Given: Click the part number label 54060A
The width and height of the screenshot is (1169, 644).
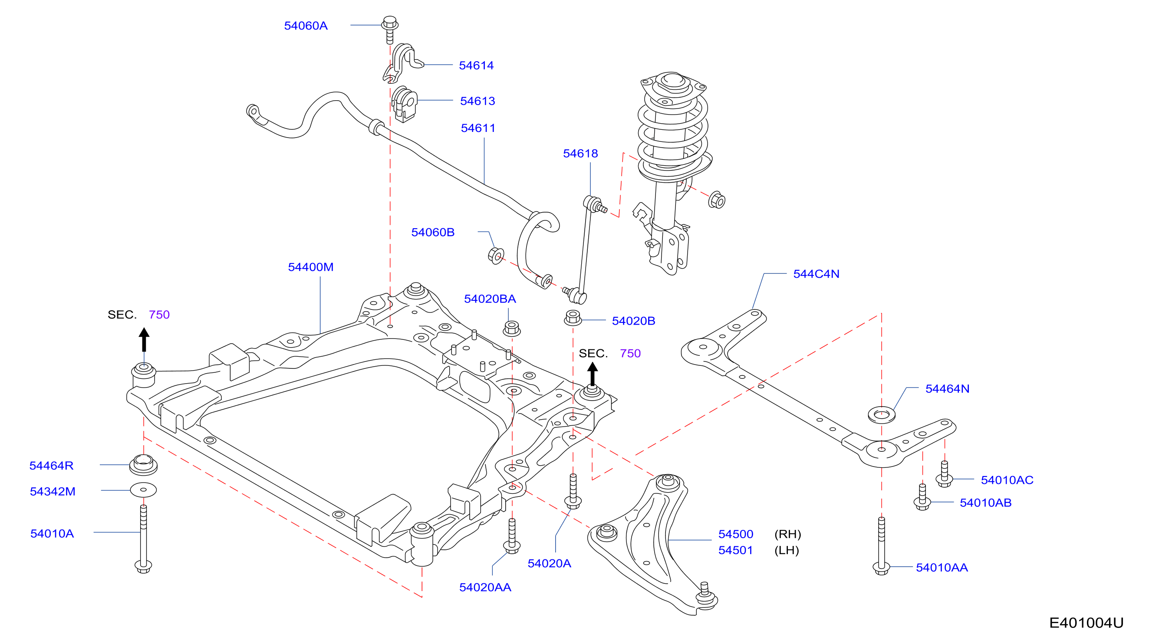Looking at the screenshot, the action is click(x=306, y=26).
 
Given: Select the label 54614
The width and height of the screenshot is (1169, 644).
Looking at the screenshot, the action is click(x=476, y=65).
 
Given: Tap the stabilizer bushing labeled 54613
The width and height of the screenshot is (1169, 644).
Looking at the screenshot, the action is click(x=404, y=104).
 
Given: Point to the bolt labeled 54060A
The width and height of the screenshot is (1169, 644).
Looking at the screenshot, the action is click(x=389, y=30).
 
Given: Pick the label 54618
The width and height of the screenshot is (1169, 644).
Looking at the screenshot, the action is click(x=580, y=153).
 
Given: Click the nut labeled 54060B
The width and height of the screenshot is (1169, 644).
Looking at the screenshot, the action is click(x=496, y=255).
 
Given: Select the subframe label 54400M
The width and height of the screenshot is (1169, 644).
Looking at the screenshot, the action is click(x=310, y=267).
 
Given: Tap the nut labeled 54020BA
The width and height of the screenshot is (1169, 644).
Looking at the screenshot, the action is click(x=511, y=329).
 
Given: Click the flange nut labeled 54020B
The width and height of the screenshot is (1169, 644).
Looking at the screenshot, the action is click(x=573, y=318).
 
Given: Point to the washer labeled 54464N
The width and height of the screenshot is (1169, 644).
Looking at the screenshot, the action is click(x=881, y=414).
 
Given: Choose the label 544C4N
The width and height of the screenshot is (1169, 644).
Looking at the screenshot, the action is click(x=816, y=274).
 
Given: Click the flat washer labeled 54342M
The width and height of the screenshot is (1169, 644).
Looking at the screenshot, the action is click(x=143, y=490).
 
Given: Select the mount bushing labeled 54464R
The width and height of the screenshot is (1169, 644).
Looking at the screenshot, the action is click(x=143, y=464).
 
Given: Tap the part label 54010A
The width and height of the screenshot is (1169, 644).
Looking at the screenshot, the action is click(x=52, y=533).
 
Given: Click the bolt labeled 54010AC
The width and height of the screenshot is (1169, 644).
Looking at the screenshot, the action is click(x=945, y=474).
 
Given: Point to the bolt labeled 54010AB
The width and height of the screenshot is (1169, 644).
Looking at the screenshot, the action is click(x=922, y=497).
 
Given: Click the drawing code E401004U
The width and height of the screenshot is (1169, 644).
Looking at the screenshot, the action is click(x=1087, y=623).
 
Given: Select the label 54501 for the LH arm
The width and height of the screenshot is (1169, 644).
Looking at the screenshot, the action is click(x=735, y=550).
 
